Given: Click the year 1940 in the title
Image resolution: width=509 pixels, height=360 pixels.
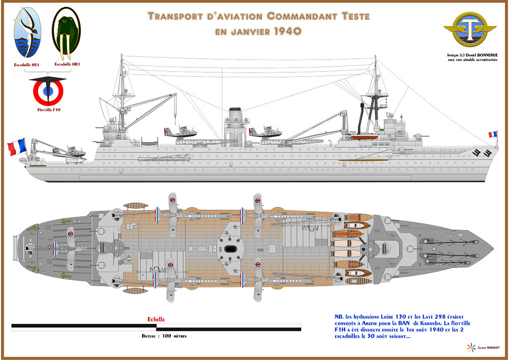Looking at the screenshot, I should [286, 31].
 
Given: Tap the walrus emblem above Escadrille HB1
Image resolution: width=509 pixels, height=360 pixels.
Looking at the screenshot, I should [66, 34].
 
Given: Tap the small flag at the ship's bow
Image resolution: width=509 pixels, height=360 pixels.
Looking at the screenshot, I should [493, 134].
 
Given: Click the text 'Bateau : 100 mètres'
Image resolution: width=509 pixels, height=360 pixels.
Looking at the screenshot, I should [163, 337].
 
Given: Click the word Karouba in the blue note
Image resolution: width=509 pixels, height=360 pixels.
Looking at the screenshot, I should [453, 322].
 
